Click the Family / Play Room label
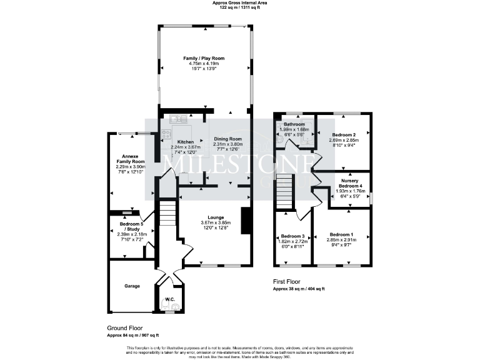[x=204, y=58]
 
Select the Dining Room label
[x=228, y=139]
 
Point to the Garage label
[x=131, y=286]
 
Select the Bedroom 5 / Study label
[x=130, y=224]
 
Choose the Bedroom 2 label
[x=344, y=135]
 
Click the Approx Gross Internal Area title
[x=240, y=3]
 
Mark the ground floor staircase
[x=167, y=213]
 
